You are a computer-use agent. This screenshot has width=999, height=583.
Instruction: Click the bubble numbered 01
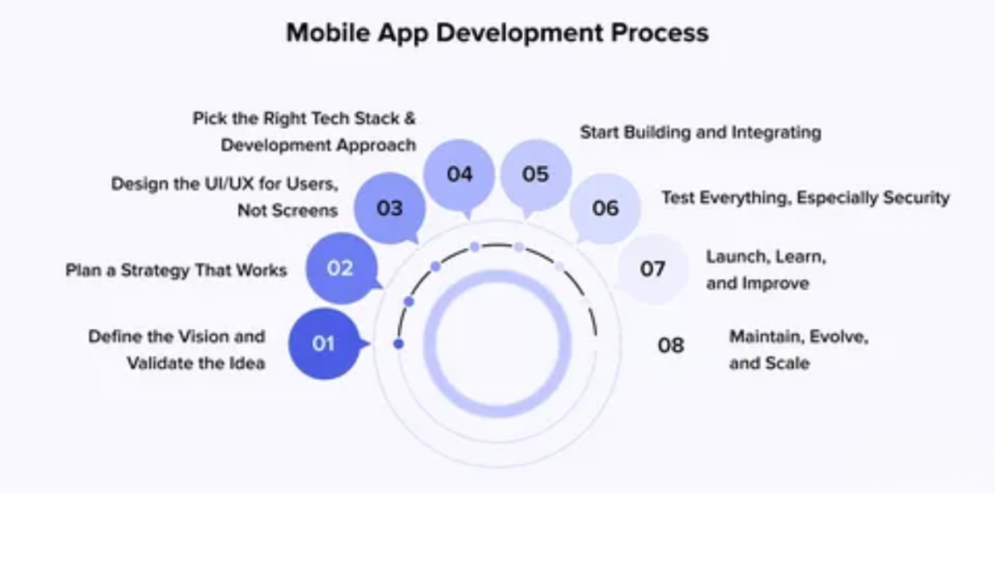click(x=324, y=344)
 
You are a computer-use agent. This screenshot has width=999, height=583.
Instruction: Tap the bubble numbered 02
click(x=340, y=268)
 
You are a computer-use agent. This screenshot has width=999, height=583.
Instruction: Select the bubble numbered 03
click(x=388, y=208)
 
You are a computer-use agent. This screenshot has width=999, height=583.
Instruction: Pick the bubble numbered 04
click(x=460, y=174)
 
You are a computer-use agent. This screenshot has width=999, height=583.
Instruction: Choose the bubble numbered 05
click(x=536, y=174)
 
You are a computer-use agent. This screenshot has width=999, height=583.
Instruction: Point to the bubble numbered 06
click(x=605, y=208)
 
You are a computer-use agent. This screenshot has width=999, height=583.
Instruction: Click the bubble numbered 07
click(x=653, y=268)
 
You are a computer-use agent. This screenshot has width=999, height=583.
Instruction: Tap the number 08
click(x=670, y=345)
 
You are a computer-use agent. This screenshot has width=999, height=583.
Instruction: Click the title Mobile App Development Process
click(x=498, y=32)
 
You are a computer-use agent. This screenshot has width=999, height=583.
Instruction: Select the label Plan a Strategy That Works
click(x=177, y=270)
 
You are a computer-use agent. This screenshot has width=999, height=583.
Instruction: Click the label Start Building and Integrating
click(x=700, y=132)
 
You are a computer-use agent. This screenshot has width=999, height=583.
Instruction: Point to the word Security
click(x=910, y=197)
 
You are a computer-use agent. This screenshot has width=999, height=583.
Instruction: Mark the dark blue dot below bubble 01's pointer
click(x=398, y=344)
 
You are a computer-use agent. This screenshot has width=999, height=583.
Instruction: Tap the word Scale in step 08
click(x=788, y=363)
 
